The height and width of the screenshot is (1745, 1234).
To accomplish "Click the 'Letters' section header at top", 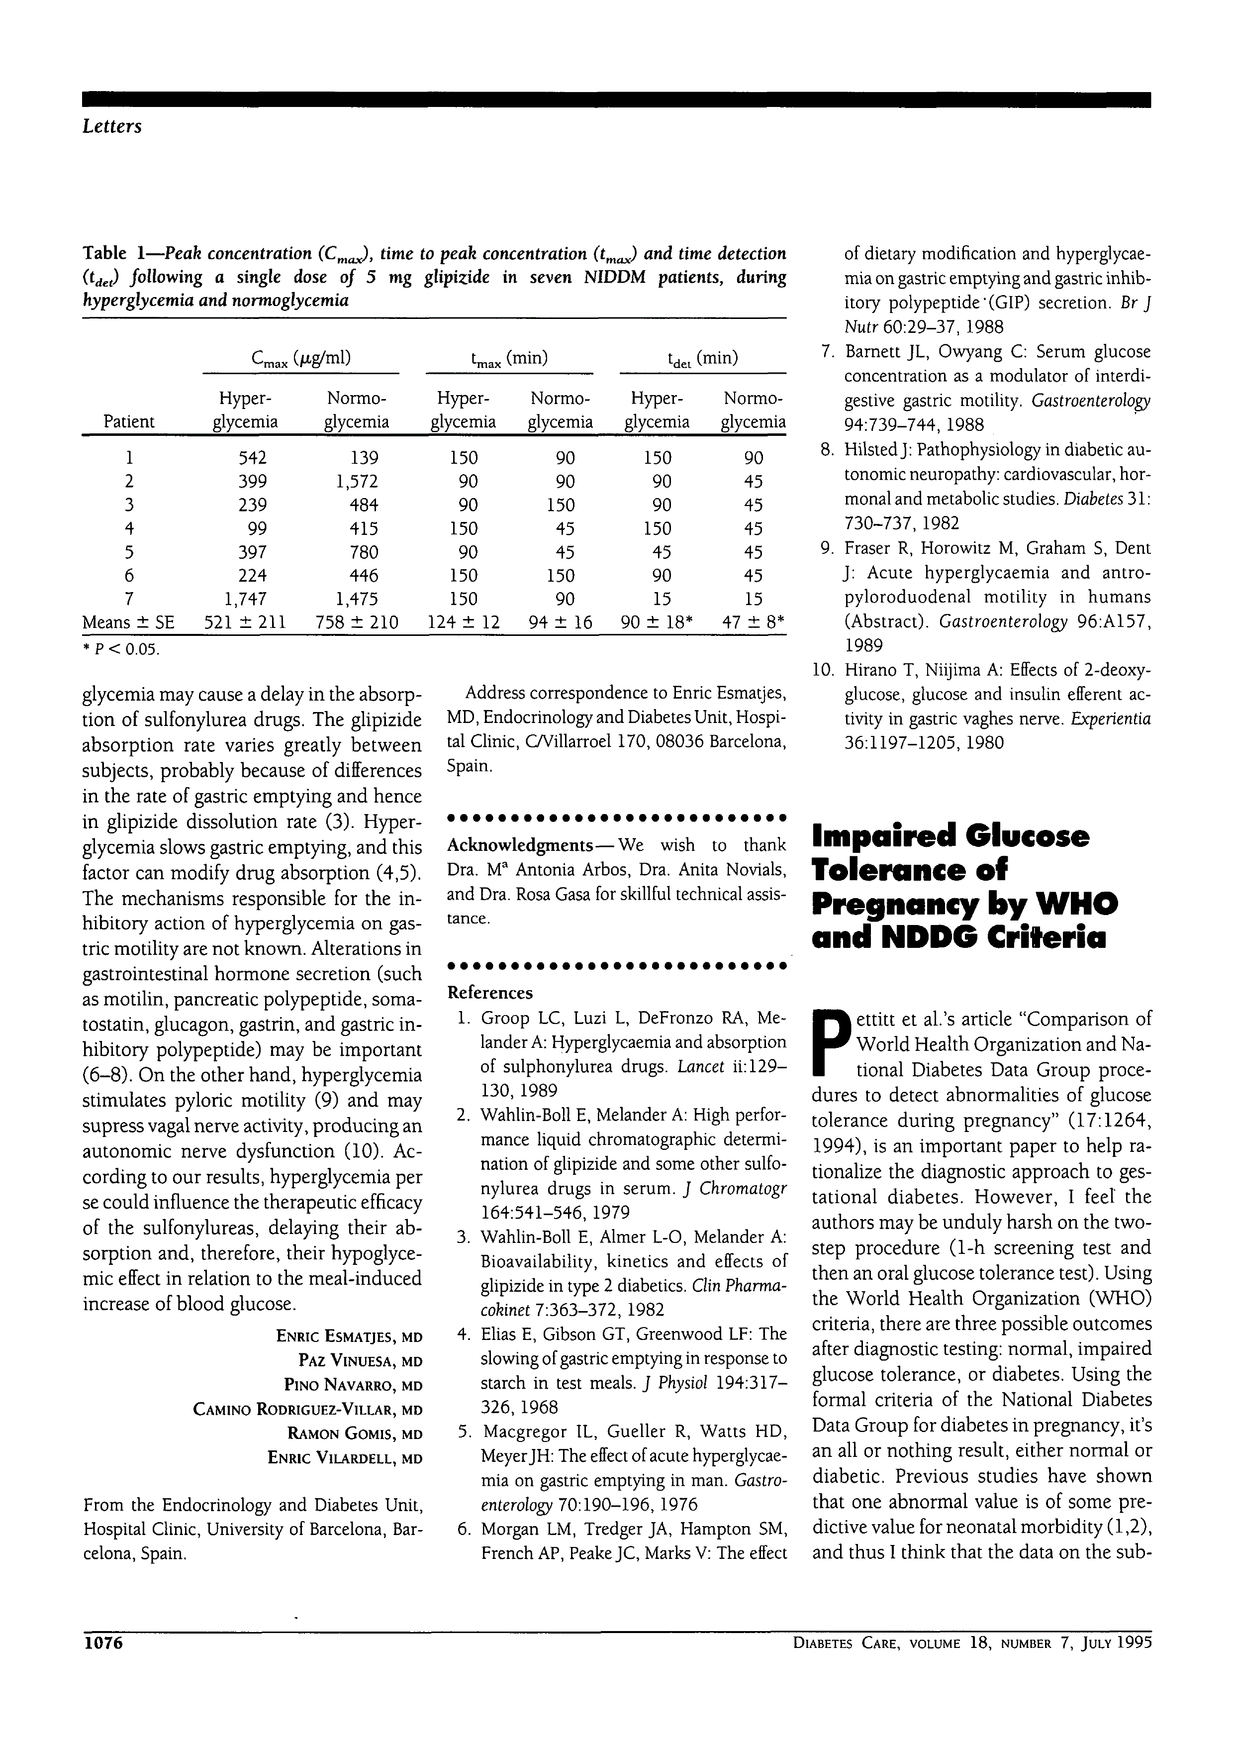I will [112, 126].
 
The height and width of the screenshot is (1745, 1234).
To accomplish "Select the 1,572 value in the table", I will [356, 481].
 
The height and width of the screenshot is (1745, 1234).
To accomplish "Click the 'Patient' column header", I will [129, 422].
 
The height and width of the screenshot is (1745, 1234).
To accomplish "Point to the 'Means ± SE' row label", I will [128, 622].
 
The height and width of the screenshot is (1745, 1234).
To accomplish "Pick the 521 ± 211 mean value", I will [245, 622].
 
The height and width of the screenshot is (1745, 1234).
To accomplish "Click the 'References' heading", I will [490, 993].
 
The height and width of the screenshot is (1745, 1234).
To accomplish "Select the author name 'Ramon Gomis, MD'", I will [354, 1434].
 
